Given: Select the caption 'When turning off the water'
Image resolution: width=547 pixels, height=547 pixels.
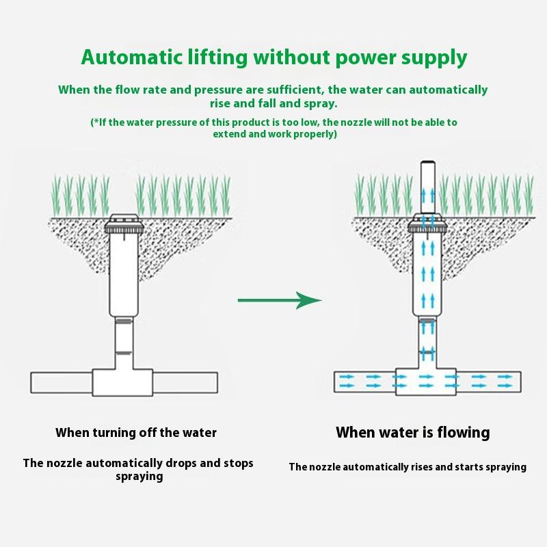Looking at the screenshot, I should coord(136,432).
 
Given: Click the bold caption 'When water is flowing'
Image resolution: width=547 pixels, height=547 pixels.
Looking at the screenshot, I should coord(413,432).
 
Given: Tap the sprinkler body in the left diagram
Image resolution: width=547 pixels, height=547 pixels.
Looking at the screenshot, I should coord(124,270).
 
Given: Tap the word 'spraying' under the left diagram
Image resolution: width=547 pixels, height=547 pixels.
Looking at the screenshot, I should coord(139,477).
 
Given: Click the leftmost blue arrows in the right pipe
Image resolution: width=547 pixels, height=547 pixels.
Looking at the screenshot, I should coord(346,382).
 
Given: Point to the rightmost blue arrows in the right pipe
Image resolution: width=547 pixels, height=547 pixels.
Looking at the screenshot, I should coord(505,382).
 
